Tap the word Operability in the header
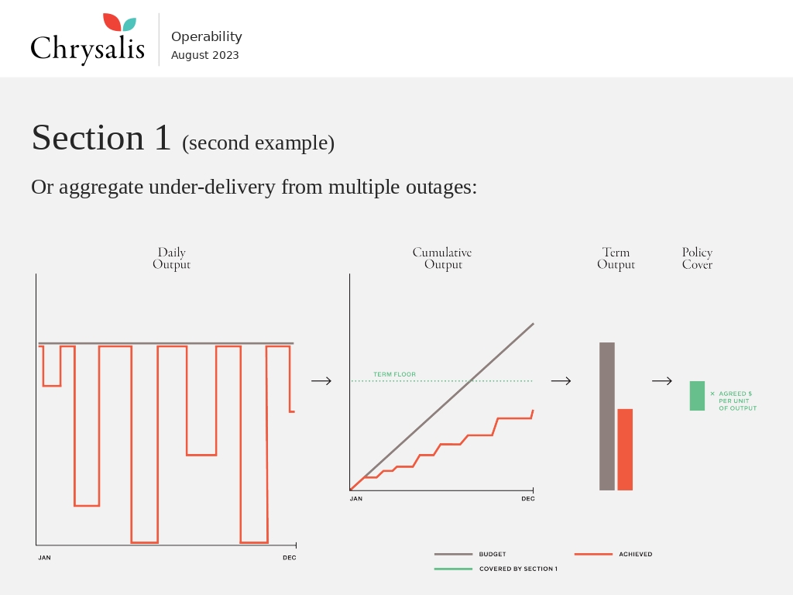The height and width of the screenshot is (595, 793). (x=206, y=37)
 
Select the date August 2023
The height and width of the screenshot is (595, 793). (x=204, y=55)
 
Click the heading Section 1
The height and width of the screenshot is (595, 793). (x=101, y=137)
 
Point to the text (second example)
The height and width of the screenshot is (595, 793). (x=259, y=143)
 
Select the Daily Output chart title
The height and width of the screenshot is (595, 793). (x=171, y=258)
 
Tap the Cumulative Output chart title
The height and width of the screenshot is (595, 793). (x=442, y=258)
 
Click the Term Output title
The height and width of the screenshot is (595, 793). (x=616, y=258)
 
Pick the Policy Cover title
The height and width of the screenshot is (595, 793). (x=697, y=258)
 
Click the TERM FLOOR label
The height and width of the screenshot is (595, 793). (x=394, y=374)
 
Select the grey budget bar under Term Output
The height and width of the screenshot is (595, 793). (x=607, y=416)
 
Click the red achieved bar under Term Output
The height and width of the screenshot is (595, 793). (x=625, y=450)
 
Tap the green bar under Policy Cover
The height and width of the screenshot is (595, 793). (x=697, y=396)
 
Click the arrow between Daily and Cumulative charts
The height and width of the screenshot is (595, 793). (x=321, y=381)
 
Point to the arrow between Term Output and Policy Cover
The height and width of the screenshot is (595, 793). (x=662, y=381)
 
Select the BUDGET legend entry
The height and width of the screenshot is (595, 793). (x=470, y=555)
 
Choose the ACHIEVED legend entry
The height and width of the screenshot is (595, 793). (x=613, y=555)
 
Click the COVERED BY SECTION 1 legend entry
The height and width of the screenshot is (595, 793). (x=496, y=569)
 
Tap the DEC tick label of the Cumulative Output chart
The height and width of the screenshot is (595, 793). (x=528, y=499)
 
